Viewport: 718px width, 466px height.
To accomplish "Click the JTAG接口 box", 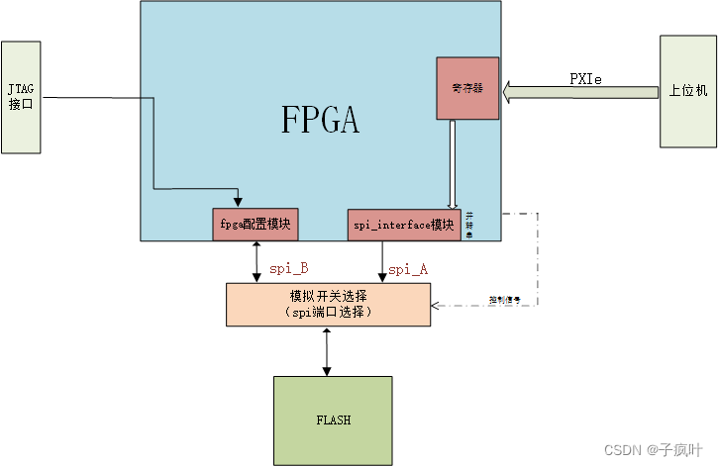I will coord(21,97).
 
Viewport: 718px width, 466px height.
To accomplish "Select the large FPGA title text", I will coord(320,120).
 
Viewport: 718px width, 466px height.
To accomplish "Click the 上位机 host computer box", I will coord(686,92).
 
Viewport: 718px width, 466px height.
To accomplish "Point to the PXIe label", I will coord(586,78).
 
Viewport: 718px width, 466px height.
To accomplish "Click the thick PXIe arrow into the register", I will coord(579,93).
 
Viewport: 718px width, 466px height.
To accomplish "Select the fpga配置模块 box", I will coord(256,224).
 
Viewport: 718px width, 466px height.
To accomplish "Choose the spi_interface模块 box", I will coord(404,225).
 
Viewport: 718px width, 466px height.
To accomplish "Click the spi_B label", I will coord(288,268).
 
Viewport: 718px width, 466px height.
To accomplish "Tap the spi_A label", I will coord(407,268).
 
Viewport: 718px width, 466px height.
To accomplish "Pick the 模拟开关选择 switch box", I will coord(328,304).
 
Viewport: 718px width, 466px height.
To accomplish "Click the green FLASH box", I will coord(333,419).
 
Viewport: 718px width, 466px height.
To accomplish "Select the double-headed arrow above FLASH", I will coord(326,351).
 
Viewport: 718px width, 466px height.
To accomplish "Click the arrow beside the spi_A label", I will coord(381,261).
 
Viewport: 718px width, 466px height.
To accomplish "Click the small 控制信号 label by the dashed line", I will coord(504,297).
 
